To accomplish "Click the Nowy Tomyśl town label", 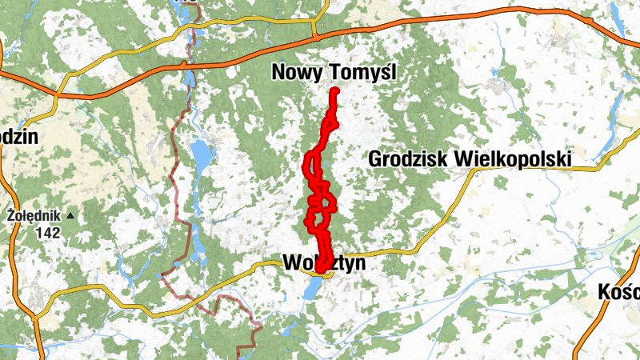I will [x=334, y=73].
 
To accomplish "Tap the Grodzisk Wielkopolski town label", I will [x=470, y=159].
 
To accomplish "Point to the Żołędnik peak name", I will [x=33, y=215].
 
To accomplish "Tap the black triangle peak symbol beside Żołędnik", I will [x=70, y=215].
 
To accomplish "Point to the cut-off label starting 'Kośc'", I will [x=620, y=291].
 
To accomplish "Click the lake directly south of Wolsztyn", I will [x=313, y=288].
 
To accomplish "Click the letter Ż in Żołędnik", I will [x=10, y=215].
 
